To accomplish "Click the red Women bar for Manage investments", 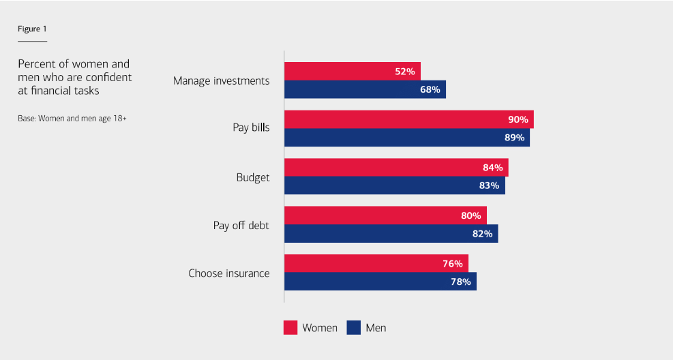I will click(x=352, y=71).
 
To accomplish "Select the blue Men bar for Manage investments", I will click(x=365, y=89).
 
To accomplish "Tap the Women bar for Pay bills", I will click(x=408, y=119).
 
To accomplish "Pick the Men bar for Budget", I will click(x=394, y=185).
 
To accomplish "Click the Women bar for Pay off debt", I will click(x=385, y=215).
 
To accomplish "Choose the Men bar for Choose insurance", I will click(x=380, y=282).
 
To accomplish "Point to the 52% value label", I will click(x=405, y=72).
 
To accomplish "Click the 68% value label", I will click(x=430, y=89).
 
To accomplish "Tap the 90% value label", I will click(x=518, y=119).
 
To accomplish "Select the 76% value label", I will click(x=453, y=264).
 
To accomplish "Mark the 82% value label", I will click(x=482, y=234).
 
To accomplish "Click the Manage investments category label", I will click(x=221, y=81).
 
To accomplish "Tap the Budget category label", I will click(x=253, y=177).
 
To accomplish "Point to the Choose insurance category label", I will click(x=228, y=273).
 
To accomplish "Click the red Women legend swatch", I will click(x=290, y=328).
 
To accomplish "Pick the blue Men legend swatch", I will click(x=353, y=328).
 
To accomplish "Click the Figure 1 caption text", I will click(x=32, y=29).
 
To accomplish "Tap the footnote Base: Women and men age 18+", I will click(x=72, y=118).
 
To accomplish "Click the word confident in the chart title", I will click(x=109, y=78).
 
